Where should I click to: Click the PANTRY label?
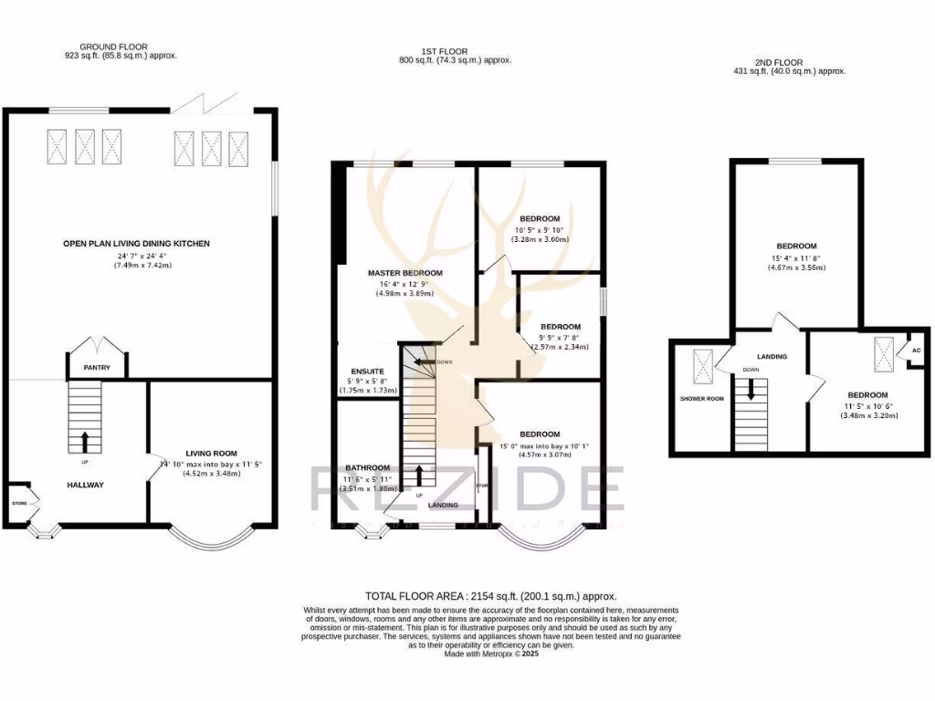tap(96, 369)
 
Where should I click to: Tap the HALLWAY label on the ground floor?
tap(86, 485)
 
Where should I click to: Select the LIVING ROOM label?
tap(211, 453)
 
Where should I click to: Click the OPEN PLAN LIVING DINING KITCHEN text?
tap(136, 244)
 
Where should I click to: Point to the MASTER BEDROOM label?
tap(404, 273)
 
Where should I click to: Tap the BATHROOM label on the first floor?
tap(367, 467)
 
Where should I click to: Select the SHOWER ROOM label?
tap(700, 399)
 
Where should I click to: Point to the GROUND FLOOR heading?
tap(113, 47)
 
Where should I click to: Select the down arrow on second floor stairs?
tap(751, 391)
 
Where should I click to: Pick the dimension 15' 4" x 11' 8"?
tap(796, 257)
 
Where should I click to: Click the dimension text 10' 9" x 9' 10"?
tap(540, 230)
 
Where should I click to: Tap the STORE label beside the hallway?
tap(19, 503)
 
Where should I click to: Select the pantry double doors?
tap(96, 346)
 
